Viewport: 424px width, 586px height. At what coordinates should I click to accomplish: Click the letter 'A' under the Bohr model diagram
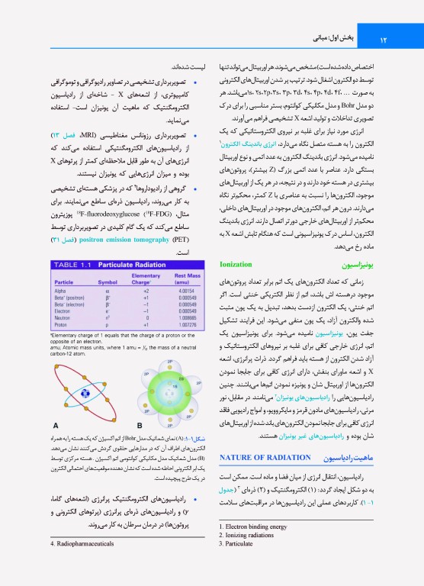click(56, 425)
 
